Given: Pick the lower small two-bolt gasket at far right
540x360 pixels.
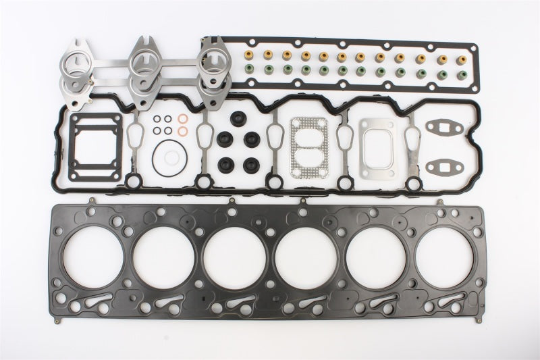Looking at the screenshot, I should coord(446,165).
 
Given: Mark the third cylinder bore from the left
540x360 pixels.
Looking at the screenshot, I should coord(235,260).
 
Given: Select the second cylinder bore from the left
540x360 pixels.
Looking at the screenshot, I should coord(164,260).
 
